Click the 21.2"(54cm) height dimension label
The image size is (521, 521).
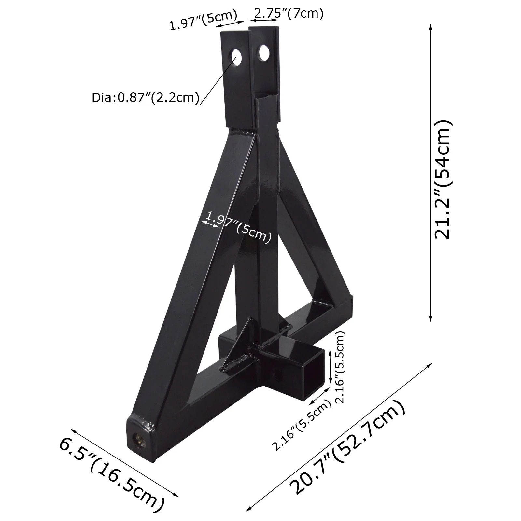443,179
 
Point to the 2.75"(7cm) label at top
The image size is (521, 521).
289,14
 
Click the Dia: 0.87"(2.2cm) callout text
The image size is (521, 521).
145,97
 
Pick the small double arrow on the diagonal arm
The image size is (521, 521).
210,224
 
